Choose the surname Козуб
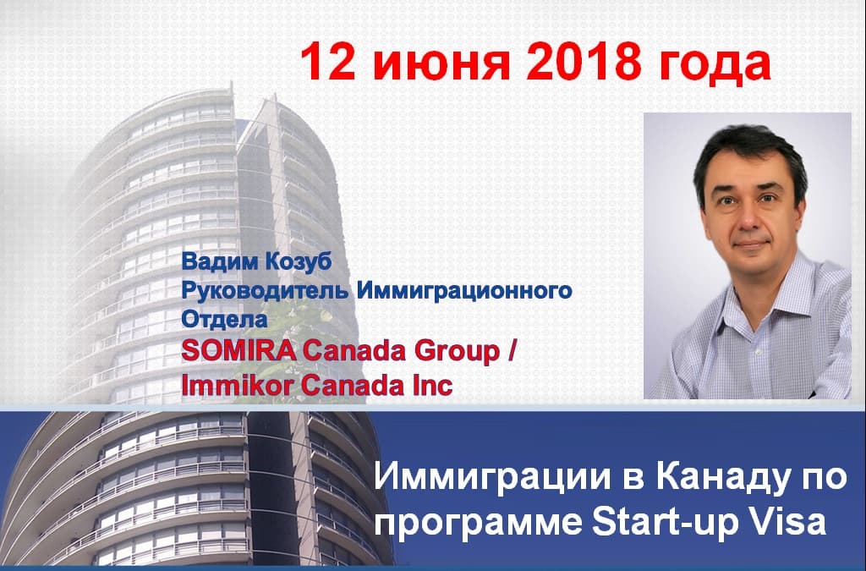point(299,261)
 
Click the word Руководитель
point(265,290)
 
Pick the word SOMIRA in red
point(238,351)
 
